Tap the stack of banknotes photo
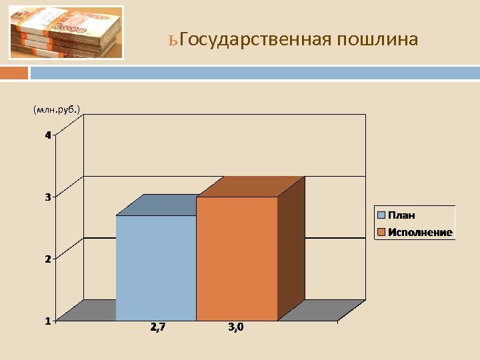point(66,33)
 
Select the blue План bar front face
point(156,267)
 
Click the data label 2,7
point(159,327)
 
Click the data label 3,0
point(236,327)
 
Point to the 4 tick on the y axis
point(48,135)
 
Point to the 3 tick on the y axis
point(48,197)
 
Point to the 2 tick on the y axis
point(48,259)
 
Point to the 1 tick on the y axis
point(48,321)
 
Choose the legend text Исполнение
point(421,232)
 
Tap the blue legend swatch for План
point(381,215)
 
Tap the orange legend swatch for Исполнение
point(381,232)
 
